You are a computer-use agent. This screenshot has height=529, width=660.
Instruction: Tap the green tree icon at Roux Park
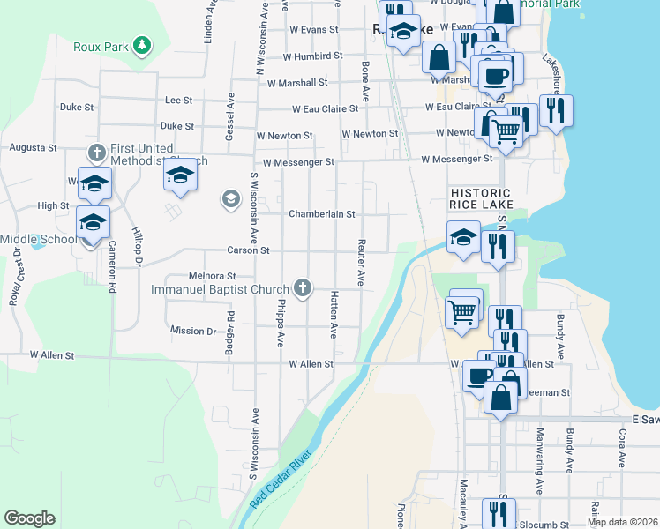click(141, 45)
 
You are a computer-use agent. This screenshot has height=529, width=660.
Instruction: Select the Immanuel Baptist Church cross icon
click(303, 287)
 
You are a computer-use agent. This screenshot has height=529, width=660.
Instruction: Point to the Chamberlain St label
click(321, 214)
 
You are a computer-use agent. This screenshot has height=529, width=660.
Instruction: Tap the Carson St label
click(247, 250)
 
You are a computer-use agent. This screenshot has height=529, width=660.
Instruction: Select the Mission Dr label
click(193, 331)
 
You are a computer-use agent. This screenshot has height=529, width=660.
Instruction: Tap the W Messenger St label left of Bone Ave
click(298, 162)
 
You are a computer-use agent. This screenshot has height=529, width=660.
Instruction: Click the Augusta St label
click(33, 148)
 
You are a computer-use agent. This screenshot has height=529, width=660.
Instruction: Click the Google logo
click(29, 518)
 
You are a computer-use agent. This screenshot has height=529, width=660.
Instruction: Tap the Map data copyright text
click(621, 522)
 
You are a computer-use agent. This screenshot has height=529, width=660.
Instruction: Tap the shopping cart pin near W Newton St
click(505, 130)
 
